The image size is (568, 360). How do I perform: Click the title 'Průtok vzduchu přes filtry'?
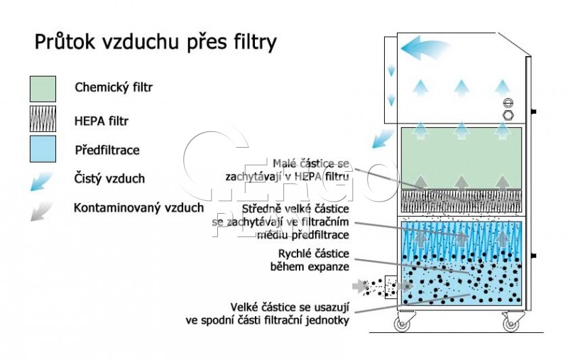pyautogui.click(x=155, y=43)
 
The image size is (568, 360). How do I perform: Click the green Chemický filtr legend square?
pyautogui.click(x=43, y=89)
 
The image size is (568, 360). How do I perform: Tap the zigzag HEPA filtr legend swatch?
pyautogui.click(x=43, y=119)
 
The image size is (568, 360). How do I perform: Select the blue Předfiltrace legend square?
pyautogui.click(x=43, y=149)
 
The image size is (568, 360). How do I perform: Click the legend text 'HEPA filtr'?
pyautogui.click(x=102, y=121)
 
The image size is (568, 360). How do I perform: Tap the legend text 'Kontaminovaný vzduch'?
pyautogui.click(x=138, y=208)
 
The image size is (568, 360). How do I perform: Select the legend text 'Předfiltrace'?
pyautogui.click(x=107, y=150)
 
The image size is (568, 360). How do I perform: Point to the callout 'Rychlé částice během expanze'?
pyautogui.click(x=310, y=260)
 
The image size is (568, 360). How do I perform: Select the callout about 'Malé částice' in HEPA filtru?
pyautogui.click(x=288, y=170)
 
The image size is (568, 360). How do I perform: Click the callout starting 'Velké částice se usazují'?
pyautogui.click(x=268, y=314)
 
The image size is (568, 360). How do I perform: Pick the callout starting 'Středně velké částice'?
pyautogui.click(x=280, y=222)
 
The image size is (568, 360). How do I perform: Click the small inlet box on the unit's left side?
pyautogui.click(x=391, y=286)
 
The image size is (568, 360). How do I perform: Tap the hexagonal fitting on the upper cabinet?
pyautogui.click(x=508, y=115)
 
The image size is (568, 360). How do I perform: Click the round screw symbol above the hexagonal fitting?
pyautogui.click(x=508, y=103)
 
